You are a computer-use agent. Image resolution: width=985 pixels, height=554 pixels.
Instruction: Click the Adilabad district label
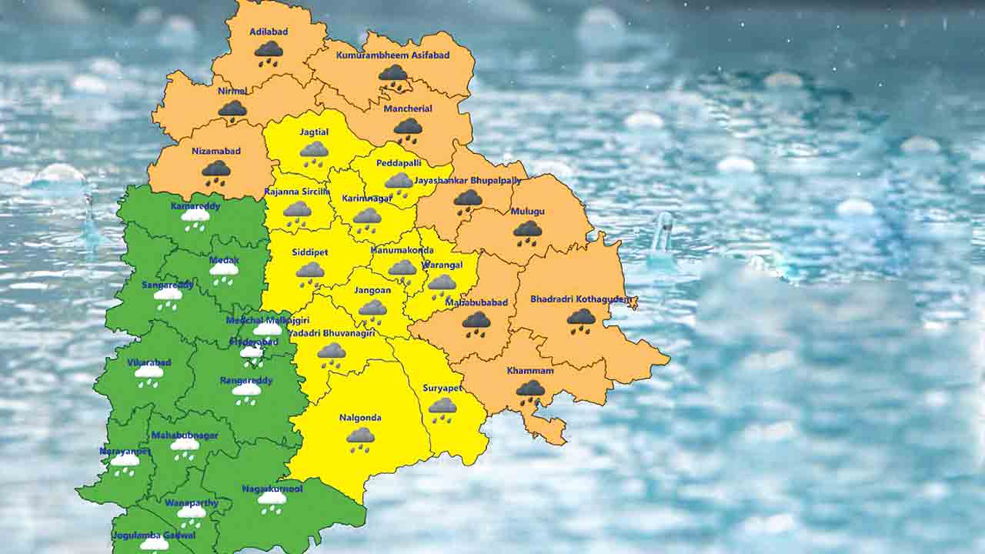point(269,32)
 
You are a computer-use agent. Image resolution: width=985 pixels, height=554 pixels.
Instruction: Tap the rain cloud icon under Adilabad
point(269,52)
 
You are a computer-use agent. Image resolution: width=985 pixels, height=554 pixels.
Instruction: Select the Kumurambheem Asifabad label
point(392,56)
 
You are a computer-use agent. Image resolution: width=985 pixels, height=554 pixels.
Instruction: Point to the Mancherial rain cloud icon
point(408,129)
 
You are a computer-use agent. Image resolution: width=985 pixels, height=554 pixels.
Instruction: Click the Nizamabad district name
point(216,151)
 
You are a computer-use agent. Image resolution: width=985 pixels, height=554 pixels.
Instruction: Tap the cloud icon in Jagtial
point(314,152)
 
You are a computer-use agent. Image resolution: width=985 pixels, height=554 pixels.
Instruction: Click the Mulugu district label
point(527,212)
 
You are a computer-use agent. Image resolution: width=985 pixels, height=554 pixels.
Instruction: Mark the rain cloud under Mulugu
point(527,232)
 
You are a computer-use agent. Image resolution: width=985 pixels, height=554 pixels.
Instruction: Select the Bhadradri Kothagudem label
point(581,299)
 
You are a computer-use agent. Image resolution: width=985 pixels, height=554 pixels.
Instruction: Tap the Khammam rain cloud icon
point(529,391)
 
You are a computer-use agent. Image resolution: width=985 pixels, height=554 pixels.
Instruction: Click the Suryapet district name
point(442,389)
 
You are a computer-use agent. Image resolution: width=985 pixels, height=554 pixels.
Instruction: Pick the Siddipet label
point(310,252)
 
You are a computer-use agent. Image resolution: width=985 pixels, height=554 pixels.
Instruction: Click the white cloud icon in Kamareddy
point(195,219)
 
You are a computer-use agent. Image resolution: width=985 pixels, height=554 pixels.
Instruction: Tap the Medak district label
point(224,260)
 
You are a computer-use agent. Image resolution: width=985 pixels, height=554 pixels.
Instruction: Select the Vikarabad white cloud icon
point(149,375)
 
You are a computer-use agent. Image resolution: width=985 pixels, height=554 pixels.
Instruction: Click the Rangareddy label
point(246,381)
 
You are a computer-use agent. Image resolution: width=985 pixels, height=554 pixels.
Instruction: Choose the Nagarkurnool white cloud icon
point(272,501)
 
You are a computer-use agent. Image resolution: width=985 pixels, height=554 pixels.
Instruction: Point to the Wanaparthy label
point(191,503)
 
